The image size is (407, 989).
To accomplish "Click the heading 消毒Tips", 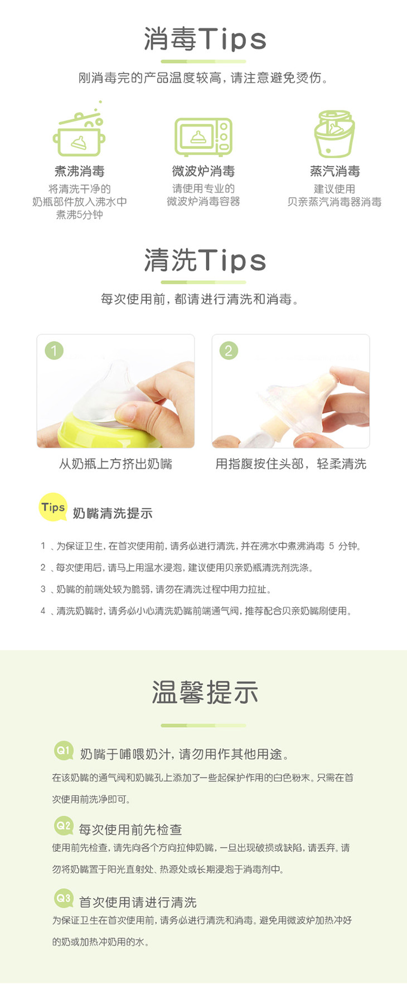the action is (x=205, y=39).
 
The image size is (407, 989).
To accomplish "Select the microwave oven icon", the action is (x=203, y=137).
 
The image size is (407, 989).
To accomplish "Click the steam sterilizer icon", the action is (x=334, y=134).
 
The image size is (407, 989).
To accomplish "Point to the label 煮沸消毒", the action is (x=80, y=171).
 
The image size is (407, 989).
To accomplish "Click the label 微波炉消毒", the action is (x=203, y=171).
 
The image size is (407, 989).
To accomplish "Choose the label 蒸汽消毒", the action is (x=335, y=171).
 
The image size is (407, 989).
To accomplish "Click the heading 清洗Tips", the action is (x=205, y=260).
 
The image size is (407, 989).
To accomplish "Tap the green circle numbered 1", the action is (x=54, y=350).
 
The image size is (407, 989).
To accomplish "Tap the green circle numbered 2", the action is (x=229, y=350).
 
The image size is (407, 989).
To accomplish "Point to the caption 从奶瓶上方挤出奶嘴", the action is (x=115, y=464).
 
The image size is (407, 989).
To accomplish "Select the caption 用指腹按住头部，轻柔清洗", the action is (x=291, y=464).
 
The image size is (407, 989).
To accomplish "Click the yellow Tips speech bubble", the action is (x=53, y=508).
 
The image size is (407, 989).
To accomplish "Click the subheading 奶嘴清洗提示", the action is (x=113, y=513).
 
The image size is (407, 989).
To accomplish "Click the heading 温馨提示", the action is (x=205, y=693).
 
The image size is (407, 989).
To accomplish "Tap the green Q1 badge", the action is (x=64, y=751).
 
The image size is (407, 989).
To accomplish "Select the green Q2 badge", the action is (x=64, y=825).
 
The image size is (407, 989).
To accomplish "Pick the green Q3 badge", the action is (x=64, y=898).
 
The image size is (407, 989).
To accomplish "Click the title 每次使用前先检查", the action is (x=130, y=830).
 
